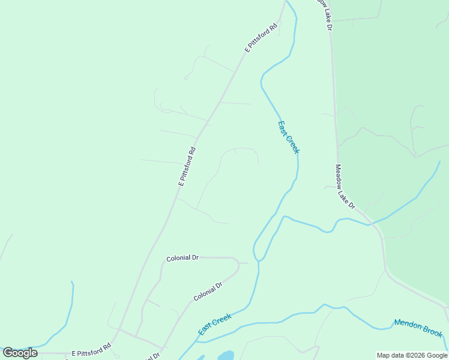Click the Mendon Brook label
point(418,328)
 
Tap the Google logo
point(20,352)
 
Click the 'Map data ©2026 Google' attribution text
point(412,355)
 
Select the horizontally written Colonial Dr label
point(182,257)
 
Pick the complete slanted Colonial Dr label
point(208,291)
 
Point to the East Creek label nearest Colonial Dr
point(214,325)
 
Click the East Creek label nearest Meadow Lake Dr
point(288,137)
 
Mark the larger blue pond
point(226,356)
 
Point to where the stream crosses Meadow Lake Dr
point(373,224)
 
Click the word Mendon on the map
point(406,325)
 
